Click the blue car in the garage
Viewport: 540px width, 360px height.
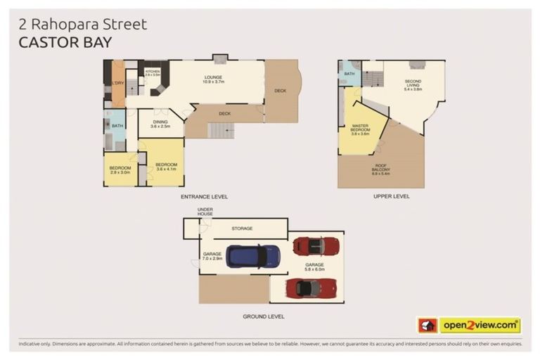pos(253,256)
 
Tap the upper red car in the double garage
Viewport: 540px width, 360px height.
pos(316,246)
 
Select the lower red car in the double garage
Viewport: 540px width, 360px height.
pos(307,288)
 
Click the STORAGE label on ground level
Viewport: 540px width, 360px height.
pos(242,229)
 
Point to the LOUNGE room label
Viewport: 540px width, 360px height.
pos(214,79)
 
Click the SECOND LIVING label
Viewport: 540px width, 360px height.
pos(413,85)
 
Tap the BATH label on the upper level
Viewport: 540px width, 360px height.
pos(349,73)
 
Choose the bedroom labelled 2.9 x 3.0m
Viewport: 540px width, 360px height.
pos(120,169)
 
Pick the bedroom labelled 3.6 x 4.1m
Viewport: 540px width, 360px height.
pos(167,167)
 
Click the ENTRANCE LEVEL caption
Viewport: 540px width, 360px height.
pos(204,197)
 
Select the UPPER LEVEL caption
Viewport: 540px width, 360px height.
pos(392,197)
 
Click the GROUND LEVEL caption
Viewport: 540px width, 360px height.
pos(264,317)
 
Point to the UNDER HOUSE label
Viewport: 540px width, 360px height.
pos(205,212)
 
